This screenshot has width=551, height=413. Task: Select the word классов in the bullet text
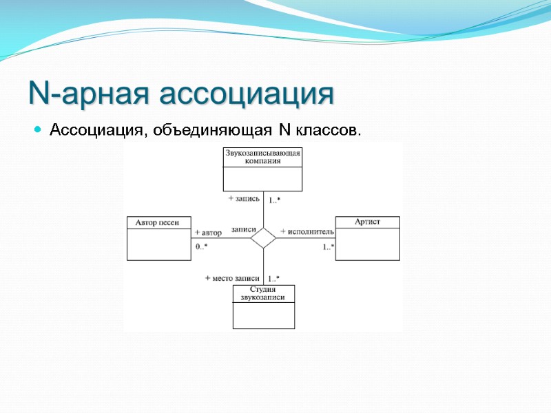[x=328, y=129]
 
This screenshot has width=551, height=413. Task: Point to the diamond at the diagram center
[x=263, y=238]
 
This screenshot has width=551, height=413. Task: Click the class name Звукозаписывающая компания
[x=262, y=157]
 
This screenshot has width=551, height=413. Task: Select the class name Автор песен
[x=158, y=222]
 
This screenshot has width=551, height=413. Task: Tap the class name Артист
[x=367, y=222]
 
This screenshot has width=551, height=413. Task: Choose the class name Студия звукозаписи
[x=263, y=293]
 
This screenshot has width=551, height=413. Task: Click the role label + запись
[x=244, y=198]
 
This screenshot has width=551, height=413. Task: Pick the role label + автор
[x=208, y=233]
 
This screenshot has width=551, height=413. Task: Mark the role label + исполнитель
[x=307, y=231]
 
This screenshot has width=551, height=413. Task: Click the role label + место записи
[x=232, y=277]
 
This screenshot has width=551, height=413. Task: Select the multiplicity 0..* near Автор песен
[x=201, y=246]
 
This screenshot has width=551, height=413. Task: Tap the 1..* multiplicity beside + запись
[x=274, y=200]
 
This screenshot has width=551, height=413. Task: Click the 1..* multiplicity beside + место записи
[x=273, y=278]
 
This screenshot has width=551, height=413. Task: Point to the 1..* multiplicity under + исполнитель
[x=329, y=246]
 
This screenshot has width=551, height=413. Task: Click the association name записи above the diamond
[x=244, y=229]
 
